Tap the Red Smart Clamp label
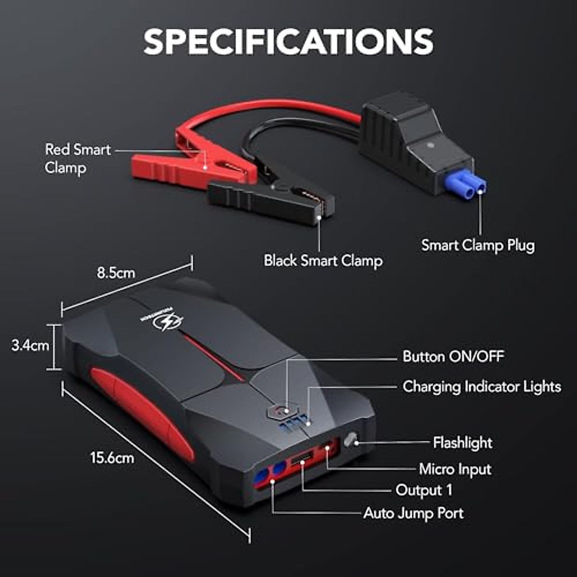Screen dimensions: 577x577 (x=78, y=158)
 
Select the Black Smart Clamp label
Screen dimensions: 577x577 (x=323, y=261)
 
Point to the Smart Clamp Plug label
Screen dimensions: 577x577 (x=478, y=245)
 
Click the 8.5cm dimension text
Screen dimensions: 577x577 (x=116, y=273)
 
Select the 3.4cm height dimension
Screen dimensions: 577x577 (x=30, y=345)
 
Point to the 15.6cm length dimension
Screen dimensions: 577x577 (x=112, y=457)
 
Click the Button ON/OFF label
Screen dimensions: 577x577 (x=453, y=356)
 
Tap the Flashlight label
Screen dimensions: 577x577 (x=463, y=442)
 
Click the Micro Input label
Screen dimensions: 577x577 (x=455, y=469)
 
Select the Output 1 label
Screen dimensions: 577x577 (x=424, y=490)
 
